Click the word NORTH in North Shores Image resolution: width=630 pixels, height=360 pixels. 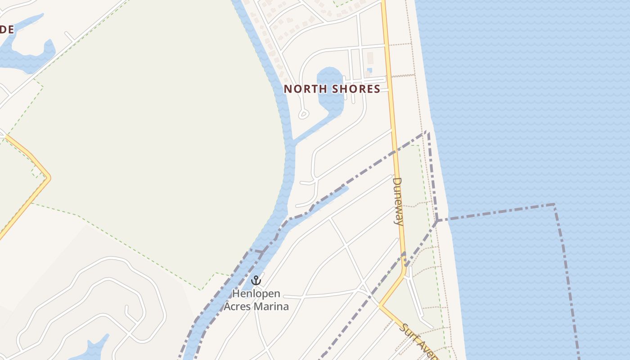click(x=305, y=89)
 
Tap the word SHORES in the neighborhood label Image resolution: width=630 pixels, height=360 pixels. click(x=356, y=89)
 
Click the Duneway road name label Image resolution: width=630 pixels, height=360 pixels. click(x=397, y=201)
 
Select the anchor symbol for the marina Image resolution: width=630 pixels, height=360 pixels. click(x=256, y=281)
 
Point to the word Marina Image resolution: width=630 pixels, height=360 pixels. click(x=271, y=306)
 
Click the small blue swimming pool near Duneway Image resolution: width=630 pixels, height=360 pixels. click(x=369, y=70)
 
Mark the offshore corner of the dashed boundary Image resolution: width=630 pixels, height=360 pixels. click(x=554, y=205)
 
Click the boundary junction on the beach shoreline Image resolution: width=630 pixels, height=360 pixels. click(x=436, y=220)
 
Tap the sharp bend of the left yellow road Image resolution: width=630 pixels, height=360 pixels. click(x=48, y=178)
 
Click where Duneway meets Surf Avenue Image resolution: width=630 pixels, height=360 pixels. click(x=380, y=305)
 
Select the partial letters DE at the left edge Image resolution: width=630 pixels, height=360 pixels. click(x=7, y=30)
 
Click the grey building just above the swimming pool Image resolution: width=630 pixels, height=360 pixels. click(x=370, y=58)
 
